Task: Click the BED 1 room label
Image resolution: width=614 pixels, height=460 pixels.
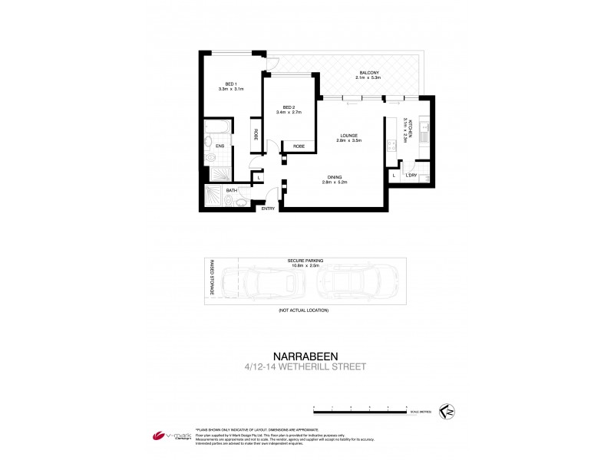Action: [229, 84]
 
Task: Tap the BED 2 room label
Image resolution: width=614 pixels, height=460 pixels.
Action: [289, 107]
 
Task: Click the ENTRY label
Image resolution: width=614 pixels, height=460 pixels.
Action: [268, 209]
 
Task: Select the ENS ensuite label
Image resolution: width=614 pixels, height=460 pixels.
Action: [220, 146]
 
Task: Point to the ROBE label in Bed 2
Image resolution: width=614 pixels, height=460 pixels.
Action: [299, 146]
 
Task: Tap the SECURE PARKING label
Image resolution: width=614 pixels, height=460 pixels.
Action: [304, 260]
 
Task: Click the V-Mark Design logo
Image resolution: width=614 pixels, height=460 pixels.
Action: [170, 435]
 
